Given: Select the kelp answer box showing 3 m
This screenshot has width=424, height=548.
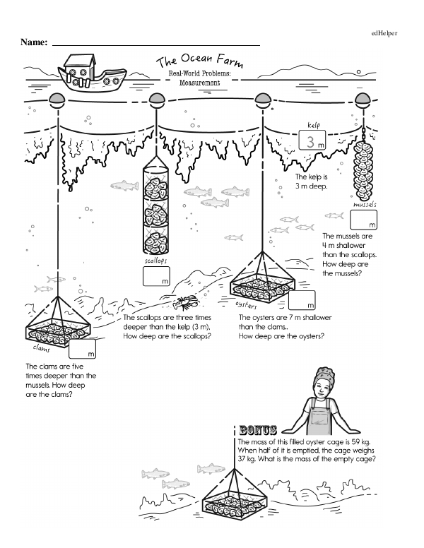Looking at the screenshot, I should pyautogui.click(x=312, y=140).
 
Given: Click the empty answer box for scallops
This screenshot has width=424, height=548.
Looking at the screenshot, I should pyautogui.click(x=157, y=277).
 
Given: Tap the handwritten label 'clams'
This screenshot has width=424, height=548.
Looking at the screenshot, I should pyautogui.click(x=45, y=348).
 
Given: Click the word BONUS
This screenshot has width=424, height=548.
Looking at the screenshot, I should pyautogui.click(x=258, y=429).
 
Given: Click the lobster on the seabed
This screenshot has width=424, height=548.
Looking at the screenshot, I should pyautogui.click(x=187, y=302).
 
